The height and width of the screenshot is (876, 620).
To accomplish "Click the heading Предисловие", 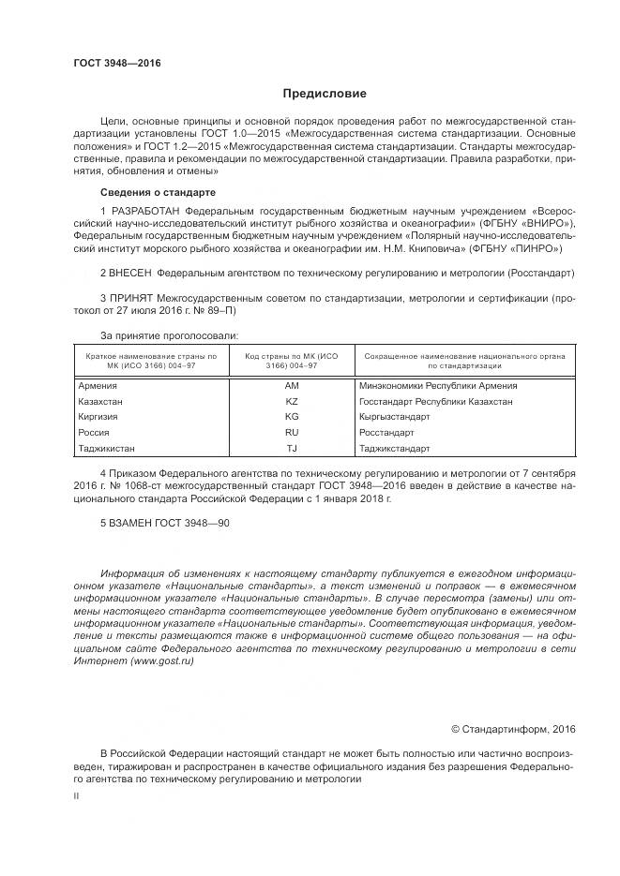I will [325, 94].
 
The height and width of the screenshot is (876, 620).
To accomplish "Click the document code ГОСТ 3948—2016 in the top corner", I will [117, 63].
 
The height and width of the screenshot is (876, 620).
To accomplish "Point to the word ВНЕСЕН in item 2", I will [130, 273].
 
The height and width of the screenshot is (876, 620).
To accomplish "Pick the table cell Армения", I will [98, 385].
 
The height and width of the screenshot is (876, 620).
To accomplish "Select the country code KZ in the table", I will [291, 401].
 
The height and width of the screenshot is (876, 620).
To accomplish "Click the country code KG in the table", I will [291, 416].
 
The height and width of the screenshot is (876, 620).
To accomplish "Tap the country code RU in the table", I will [291, 432].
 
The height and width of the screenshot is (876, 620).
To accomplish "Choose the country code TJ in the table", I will [291, 448].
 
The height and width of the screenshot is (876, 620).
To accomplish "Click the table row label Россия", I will [94, 432].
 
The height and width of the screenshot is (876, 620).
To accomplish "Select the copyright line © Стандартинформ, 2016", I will [513, 729].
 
